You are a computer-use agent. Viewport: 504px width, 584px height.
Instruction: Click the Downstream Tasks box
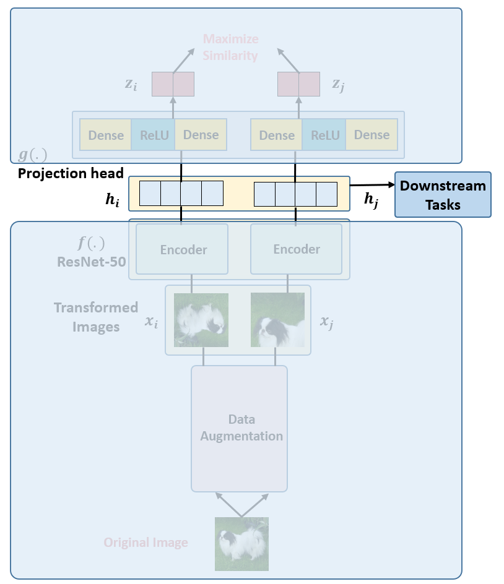443,194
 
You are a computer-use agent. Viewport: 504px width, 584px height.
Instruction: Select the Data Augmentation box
240,429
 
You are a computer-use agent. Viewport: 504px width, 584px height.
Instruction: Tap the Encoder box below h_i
182,249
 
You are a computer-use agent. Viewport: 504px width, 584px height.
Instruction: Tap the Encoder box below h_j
297,249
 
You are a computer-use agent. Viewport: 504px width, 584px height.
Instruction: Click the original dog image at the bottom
241,544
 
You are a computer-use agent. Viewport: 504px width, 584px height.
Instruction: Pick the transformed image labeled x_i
201,320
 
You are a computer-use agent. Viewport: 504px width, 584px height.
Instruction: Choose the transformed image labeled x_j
278,320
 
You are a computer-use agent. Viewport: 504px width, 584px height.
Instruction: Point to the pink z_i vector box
173,84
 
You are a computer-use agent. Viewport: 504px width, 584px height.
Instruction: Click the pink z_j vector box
298,84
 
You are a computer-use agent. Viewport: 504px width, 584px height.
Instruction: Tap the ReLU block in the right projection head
324,135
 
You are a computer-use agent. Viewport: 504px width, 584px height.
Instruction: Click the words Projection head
71,174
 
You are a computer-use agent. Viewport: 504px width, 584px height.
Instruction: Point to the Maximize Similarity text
230,47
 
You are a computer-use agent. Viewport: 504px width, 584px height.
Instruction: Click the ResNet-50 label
92,262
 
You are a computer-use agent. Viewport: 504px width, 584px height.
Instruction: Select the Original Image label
146,543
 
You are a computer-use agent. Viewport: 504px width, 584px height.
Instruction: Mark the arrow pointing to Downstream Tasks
372,185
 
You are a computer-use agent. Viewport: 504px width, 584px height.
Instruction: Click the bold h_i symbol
112,200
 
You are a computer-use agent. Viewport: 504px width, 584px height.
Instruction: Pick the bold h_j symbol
371,200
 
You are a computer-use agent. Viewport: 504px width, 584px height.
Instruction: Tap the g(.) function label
33,154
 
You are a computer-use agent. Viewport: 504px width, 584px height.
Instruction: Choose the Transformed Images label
96,317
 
